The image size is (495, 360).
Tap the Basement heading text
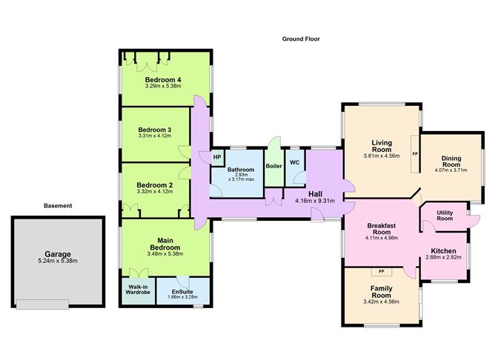tap(57, 205)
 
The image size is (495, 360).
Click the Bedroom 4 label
tap(163, 79)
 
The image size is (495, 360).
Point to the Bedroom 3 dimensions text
tap(154, 136)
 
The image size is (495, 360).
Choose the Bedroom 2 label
tap(154, 184)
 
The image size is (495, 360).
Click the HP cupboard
tap(217, 157)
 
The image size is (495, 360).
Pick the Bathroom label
tap(242, 170)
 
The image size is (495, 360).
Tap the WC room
tap(294, 161)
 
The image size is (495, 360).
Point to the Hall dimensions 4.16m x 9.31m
tap(314, 201)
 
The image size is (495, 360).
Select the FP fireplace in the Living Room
tap(415, 154)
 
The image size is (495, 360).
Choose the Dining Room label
tap(451, 161)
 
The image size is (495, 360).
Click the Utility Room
tap(445, 215)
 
